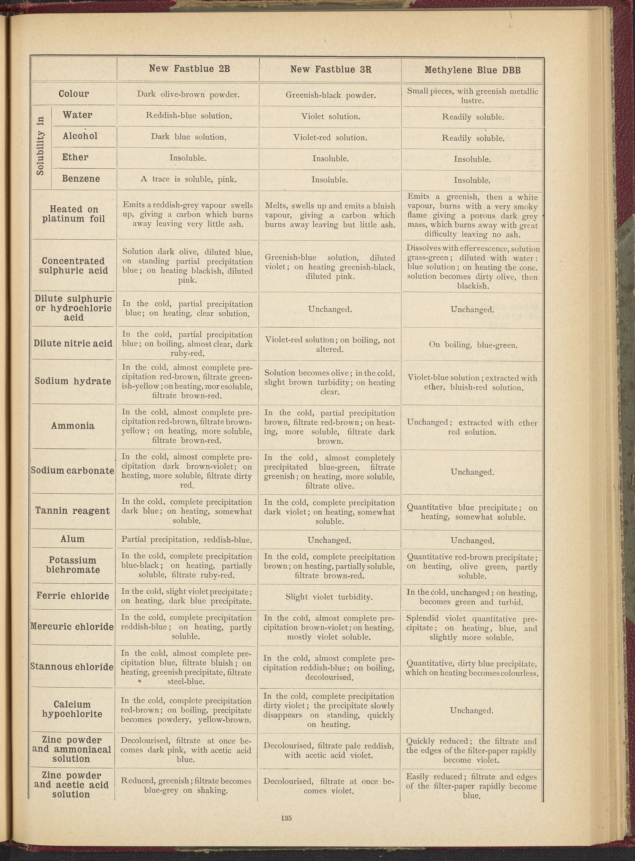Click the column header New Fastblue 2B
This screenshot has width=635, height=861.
tap(189, 69)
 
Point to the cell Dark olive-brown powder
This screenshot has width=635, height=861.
tap(188, 94)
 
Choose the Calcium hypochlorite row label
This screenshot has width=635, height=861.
tap(72, 709)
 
